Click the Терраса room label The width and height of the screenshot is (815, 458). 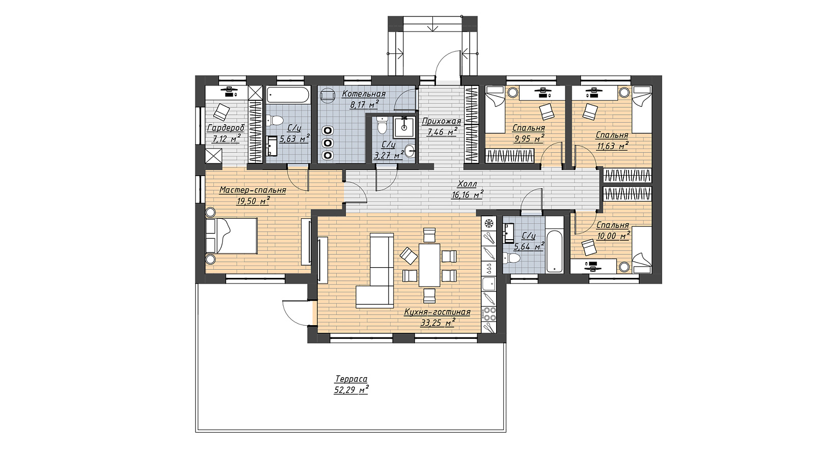[x=351, y=379]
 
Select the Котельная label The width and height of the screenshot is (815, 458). [x=364, y=94]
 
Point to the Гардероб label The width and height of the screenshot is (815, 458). [x=226, y=128]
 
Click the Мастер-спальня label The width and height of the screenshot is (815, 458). [x=253, y=190]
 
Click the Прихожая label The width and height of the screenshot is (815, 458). [x=441, y=122]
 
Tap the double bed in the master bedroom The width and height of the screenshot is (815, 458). [x=231, y=236]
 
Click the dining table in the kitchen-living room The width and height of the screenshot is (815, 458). [x=430, y=265]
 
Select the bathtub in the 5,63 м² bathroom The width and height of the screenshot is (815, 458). [x=288, y=95]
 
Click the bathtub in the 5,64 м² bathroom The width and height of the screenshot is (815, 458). [x=555, y=245]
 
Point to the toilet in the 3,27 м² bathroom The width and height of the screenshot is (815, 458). [x=382, y=125]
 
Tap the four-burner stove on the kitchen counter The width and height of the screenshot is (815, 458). [x=489, y=314]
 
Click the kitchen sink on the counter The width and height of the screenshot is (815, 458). [x=489, y=284]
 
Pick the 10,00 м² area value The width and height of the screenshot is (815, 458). [x=613, y=236]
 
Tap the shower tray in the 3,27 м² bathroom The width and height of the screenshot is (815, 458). [x=404, y=127]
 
